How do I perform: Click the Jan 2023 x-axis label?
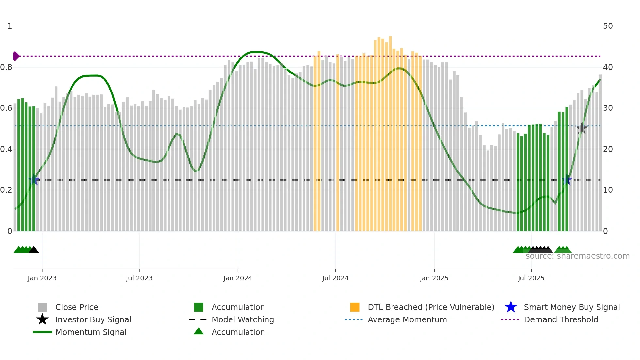(42, 278)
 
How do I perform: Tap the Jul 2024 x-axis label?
(335, 278)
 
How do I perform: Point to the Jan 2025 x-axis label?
(434, 278)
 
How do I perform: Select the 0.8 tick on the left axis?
(7, 67)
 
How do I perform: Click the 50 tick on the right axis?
(608, 26)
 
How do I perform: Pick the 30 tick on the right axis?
(608, 108)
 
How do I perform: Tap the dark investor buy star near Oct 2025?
(582, 128)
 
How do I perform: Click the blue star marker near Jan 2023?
(34, 180)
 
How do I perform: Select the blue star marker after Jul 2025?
(567, 180)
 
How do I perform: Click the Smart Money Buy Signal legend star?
(511, 307)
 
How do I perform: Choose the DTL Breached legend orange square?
(355, 307)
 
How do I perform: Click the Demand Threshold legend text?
(561, 319)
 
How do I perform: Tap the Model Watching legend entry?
(243, 319)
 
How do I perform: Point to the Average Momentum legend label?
(407, 319)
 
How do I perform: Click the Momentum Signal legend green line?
(42, 332)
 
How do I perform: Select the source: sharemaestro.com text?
(577, 256)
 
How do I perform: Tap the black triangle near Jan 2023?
(34, 250)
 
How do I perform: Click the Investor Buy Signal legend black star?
(42, 319)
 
